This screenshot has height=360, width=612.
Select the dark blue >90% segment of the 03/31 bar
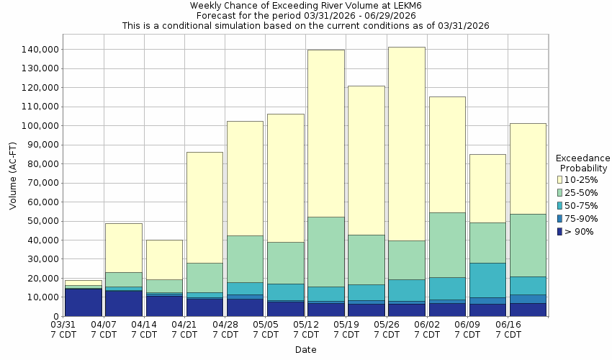click(84, 302)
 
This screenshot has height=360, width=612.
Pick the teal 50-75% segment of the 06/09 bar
click(487, 280)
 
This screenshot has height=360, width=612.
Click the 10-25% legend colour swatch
click(560, 179)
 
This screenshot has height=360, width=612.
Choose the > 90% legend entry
click(579, 231)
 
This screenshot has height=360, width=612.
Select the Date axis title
click(305, 350)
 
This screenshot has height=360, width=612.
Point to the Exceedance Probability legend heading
click(583, 163)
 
